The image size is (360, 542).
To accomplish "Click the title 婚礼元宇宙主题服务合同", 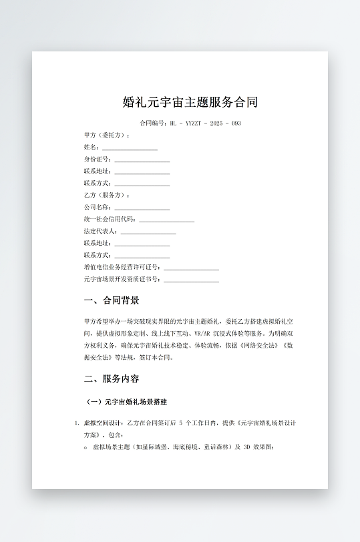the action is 190,102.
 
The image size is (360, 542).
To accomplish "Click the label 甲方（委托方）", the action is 107,135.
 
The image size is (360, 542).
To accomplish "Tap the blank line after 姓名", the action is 130,148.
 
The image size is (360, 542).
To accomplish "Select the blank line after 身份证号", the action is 142,160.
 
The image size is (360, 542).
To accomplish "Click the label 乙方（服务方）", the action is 107,195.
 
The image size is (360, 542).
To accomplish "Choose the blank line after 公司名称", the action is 142,207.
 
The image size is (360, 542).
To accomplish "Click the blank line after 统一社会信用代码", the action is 167,219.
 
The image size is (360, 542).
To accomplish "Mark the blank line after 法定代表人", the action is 148,231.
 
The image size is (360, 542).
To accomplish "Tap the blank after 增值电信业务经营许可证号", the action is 192,267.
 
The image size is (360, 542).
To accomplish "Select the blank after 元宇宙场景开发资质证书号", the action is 192,279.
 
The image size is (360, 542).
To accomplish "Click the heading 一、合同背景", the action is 112,300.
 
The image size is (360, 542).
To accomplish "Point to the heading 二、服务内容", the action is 112,378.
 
